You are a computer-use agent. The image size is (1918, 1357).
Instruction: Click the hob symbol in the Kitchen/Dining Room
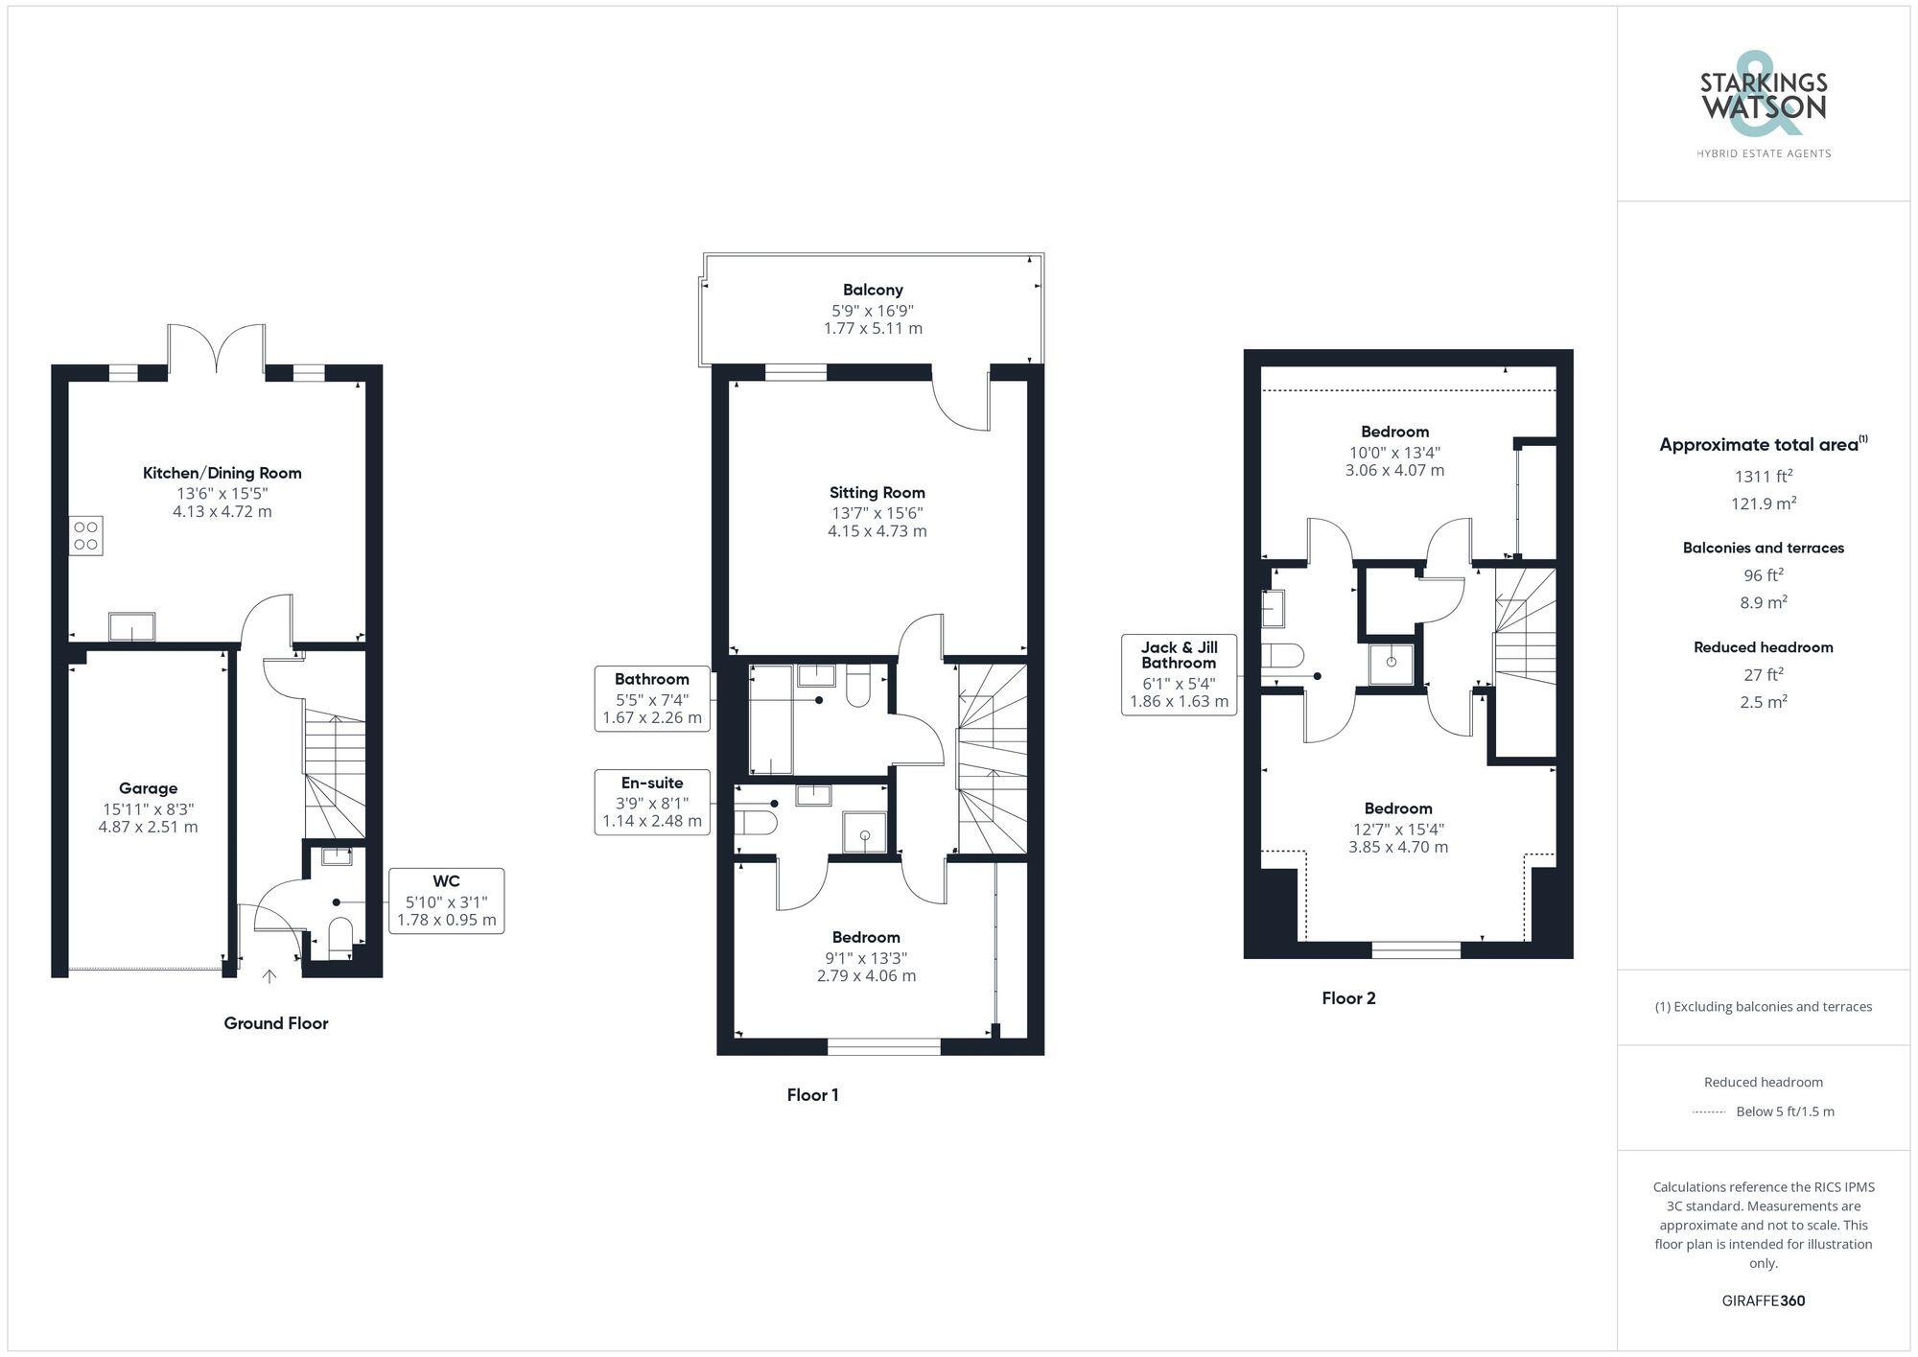coord(85,535)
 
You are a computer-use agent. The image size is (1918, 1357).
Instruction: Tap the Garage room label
coord(148,788)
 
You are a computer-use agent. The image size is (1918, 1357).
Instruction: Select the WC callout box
coord(446,901)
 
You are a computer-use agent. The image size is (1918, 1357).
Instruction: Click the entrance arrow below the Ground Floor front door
coord(270,976)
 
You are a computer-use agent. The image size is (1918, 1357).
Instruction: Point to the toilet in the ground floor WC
coord(340,937)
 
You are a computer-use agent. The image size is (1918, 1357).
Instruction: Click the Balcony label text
coord(873,290)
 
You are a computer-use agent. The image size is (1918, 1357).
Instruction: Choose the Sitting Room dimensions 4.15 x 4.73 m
coord(877,531)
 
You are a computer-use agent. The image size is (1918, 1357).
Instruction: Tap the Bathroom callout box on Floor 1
coord(652,698)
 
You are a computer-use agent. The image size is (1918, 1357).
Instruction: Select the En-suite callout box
coord(652,802)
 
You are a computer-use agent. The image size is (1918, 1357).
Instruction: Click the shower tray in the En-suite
coord(864,832)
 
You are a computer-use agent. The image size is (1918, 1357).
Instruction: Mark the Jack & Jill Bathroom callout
coord(1179,674)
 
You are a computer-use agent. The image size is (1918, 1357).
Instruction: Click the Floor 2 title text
coord(1348,998)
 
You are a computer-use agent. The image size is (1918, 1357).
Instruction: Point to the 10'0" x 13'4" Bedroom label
coord(1394,451)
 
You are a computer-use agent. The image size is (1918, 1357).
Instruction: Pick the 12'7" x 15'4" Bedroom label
coord(1398,828)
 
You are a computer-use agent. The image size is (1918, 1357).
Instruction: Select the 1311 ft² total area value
coord(1763,476)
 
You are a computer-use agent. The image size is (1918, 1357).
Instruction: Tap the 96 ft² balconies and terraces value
coord(1763,575)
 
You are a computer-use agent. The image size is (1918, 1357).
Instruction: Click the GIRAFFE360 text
coord(1763,1301)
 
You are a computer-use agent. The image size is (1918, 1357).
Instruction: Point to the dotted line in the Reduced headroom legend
coord(1709,1112)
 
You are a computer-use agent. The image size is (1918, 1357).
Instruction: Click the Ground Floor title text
coord(276,1023)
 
